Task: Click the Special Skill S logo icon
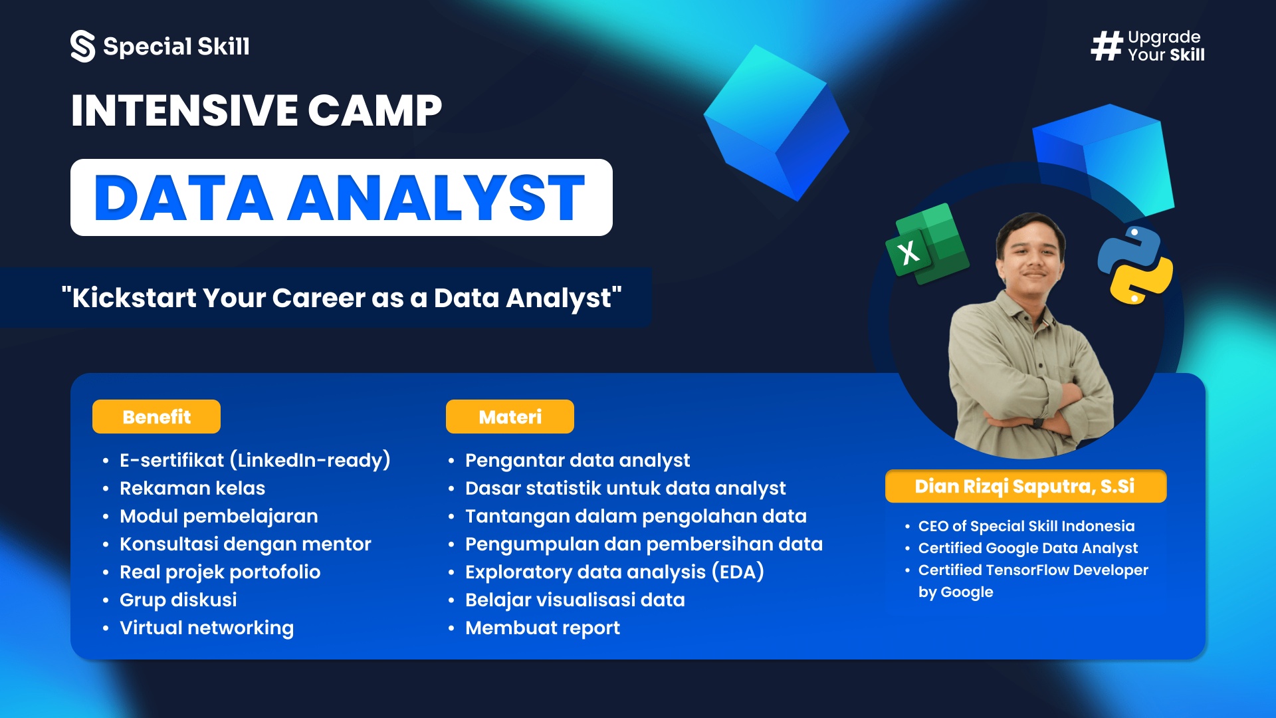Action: point(83,47)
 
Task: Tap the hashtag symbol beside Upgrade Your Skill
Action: point(1107,47)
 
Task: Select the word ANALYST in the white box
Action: point(436,198)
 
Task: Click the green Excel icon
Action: point(927,245)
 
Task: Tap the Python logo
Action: point(1135,265)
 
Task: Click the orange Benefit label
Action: point(156,417)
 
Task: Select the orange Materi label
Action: point(510,417)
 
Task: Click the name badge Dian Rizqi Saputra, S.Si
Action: point(1025,486)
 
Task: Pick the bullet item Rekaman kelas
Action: point(192,488)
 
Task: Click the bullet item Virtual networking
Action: point(206,628)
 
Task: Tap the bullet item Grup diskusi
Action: point(177,600)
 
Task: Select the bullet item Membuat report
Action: point(542,628)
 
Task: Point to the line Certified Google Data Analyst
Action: point(1027,548)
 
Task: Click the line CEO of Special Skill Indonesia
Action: point(1026,526)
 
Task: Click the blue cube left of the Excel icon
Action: point(776,124)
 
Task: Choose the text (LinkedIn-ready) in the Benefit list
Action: point(310,460)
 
